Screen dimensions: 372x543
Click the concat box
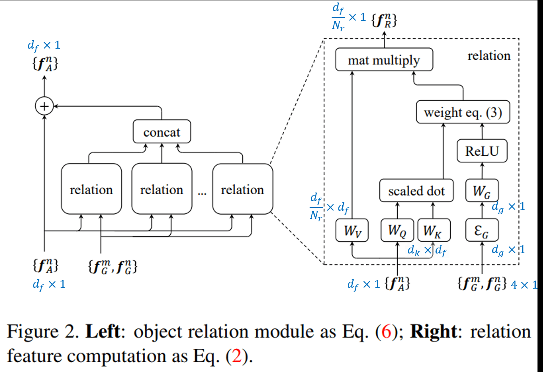[x=162, y=132]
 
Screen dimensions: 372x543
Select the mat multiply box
[x=384, y=60]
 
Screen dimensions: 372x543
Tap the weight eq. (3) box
[x=463, y=112]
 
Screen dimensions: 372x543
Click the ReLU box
[x=482, y=152]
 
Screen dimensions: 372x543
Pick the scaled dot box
[x=416, y=191]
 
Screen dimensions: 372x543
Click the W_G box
[x=482, y=191]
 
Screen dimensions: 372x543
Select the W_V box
[x=352, y=231]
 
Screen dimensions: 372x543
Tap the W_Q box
[x=397, y=231]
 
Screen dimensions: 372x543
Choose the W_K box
[x=434, y=231]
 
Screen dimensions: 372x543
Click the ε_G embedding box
[x=482, y=231]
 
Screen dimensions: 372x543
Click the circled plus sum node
[x=44, y=107]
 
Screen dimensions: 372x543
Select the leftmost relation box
[x=91, y=189]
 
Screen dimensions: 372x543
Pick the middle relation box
[x=162, y=189]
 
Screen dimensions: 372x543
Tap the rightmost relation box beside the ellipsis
[x=243, y=189]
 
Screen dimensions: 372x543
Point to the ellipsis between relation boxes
[x=202, y=193]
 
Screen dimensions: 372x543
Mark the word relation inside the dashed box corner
[x=489, y=55]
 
